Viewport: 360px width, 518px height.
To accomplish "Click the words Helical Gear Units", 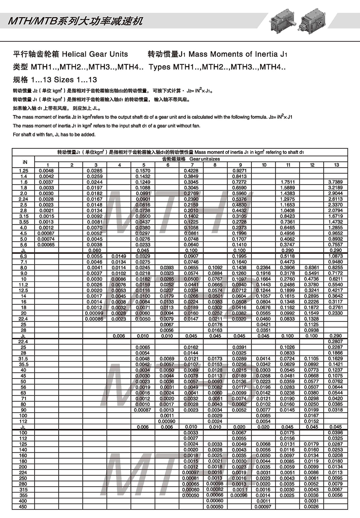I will point(95,54).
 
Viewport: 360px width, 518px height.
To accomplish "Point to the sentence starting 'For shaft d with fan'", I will point(54,134).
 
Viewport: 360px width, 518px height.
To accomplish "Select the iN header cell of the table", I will point(24,162).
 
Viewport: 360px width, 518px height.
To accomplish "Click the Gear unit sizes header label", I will point(191,159).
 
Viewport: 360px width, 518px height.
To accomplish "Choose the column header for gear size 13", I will point(336,165).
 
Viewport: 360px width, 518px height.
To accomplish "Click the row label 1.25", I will point(24,170).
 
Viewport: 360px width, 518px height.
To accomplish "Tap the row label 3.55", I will point(24,222).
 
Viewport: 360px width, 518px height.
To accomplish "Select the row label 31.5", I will point(24,359).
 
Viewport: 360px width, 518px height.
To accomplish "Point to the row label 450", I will point(24,507).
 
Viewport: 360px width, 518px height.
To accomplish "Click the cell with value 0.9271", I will point(240,170).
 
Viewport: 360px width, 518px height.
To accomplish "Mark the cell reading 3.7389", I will point(336,182).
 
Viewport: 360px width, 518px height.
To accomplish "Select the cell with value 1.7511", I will point(288,182).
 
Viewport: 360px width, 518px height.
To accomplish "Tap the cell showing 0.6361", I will point(312,267).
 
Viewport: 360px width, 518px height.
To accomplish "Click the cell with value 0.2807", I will point(336,342).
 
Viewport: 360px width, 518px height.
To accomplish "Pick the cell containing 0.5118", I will point(288,256).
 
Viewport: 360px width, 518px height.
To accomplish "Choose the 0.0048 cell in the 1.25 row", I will point(46,170).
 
